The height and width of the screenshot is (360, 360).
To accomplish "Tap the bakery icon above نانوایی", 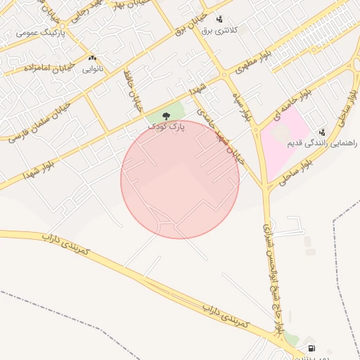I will pos(93,58).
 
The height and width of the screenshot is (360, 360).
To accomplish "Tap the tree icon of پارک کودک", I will pos(166,115).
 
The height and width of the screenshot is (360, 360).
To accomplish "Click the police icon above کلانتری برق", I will pos(219,19).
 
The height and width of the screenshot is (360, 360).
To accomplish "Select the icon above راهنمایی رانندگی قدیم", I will pos(322,132).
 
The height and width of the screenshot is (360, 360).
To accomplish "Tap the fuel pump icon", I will pos(311,348).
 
